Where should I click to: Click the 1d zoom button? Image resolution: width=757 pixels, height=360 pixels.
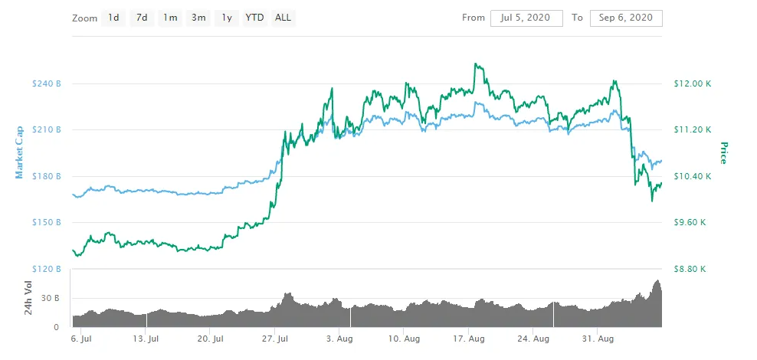(113, 18)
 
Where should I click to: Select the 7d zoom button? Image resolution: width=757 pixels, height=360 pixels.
(141, 18)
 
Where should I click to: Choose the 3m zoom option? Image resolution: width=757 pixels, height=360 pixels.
(198, 18)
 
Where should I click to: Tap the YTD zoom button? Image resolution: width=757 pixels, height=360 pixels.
(254, 18)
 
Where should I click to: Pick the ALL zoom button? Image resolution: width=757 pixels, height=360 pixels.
(283, 18)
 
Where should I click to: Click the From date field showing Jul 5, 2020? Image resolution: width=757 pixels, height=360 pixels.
(526, 18)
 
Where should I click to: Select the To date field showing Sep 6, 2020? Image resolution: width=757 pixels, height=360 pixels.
(626, 18)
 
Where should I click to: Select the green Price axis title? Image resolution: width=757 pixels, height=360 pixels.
(723, 153)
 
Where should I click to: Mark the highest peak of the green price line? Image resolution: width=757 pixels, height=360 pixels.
(477, 64)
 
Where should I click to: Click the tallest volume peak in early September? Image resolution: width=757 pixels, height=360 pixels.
(657, 281)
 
